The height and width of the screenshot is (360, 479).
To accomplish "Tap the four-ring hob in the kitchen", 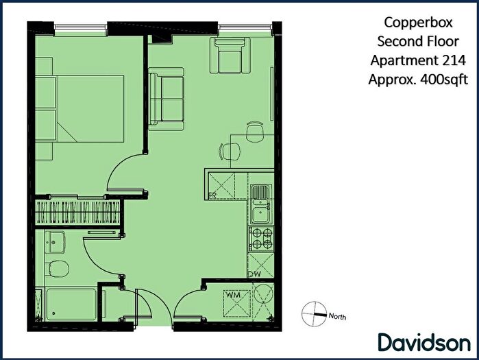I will (261, 238).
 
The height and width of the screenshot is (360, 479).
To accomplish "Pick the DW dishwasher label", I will (254, 274).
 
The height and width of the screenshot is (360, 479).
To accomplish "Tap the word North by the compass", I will (337, 317).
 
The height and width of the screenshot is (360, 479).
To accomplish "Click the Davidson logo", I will (423, 341).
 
